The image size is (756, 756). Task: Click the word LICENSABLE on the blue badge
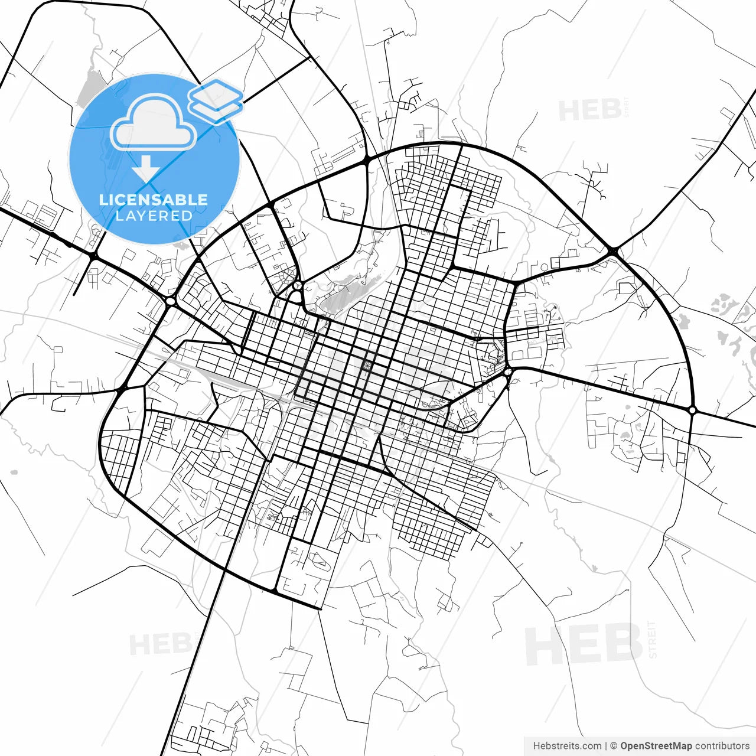pyautogui.click(x=154, y=200)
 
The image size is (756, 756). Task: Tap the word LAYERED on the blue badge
pyautogui.click(x=154, y=216)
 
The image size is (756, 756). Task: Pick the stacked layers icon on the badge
pyautogui.click(x=216, y=100)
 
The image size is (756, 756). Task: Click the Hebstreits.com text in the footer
pyautogui.click(x=567, y=746)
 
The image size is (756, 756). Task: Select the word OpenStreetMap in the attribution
pyautogui.click(x=656, y=746)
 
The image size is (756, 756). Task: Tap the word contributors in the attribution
pyautogui.click(x=722, y=746)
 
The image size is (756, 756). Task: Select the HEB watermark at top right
pyautogui.click(x=589, y=110)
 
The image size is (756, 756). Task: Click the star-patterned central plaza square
pyautogui.click(x=367, y=367)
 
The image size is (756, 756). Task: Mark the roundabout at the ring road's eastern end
pyautogui.click(x=692, y=409)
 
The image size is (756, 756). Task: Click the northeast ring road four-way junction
pyautogui.click(x=612, y=252)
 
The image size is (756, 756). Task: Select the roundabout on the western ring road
pyautogui.click(x=171, y=302)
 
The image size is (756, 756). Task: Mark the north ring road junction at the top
pyautogui.click(x=367, y=159)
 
